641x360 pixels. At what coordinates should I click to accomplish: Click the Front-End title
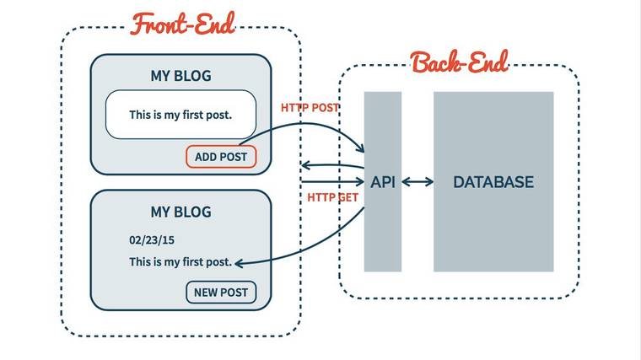182,23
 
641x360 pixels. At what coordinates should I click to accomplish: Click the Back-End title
459,62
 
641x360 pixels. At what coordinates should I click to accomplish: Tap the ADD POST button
220,157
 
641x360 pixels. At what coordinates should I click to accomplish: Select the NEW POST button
221,293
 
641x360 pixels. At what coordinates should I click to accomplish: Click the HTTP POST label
310,108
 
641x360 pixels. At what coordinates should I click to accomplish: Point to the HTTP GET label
332,197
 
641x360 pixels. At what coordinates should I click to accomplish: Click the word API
383,182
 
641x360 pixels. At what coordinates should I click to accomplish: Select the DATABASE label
493,182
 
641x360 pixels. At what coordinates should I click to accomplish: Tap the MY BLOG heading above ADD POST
180,76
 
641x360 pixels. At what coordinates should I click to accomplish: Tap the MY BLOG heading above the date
180,212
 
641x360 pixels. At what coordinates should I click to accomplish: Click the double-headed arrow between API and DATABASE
417,182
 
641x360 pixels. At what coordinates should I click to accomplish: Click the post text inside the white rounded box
180,114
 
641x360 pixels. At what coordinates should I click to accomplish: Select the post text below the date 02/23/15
180,262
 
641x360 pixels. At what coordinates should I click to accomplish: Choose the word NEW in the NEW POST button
206,293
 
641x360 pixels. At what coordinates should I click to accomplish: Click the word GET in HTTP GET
348,197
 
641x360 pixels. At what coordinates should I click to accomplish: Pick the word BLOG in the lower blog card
193,212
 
